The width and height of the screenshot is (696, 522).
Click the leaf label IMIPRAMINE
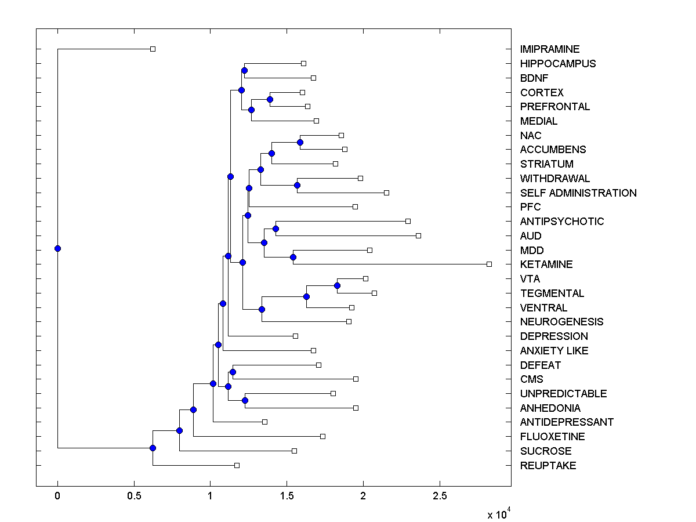point(549,49)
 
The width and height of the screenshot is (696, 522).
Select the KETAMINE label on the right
point(546,264)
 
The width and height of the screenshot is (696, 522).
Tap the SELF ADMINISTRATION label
point(578,193)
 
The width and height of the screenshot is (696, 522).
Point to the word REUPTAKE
point(548,466)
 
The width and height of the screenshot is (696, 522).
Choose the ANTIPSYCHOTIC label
point(561,222)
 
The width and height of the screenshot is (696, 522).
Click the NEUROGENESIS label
point(561,322)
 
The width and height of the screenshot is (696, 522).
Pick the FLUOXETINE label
point(552,437)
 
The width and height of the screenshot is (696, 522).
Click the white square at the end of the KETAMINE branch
point(489,264)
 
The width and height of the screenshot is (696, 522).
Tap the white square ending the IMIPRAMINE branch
point(153,49)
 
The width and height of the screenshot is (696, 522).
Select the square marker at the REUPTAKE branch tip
point(237,465)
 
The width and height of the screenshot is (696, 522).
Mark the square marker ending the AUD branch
point(418,235)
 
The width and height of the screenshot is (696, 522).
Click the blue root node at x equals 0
point(57,248)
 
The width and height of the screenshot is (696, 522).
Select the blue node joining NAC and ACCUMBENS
point(300,142)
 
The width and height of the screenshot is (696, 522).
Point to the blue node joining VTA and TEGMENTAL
point(337,285)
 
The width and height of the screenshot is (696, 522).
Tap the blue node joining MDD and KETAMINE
point(293,257)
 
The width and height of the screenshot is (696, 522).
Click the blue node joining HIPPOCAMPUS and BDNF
point(244,70)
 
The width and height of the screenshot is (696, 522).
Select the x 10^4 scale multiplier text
point(498,513)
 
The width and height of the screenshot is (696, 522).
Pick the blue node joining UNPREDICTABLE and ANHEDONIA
point(245,400)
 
